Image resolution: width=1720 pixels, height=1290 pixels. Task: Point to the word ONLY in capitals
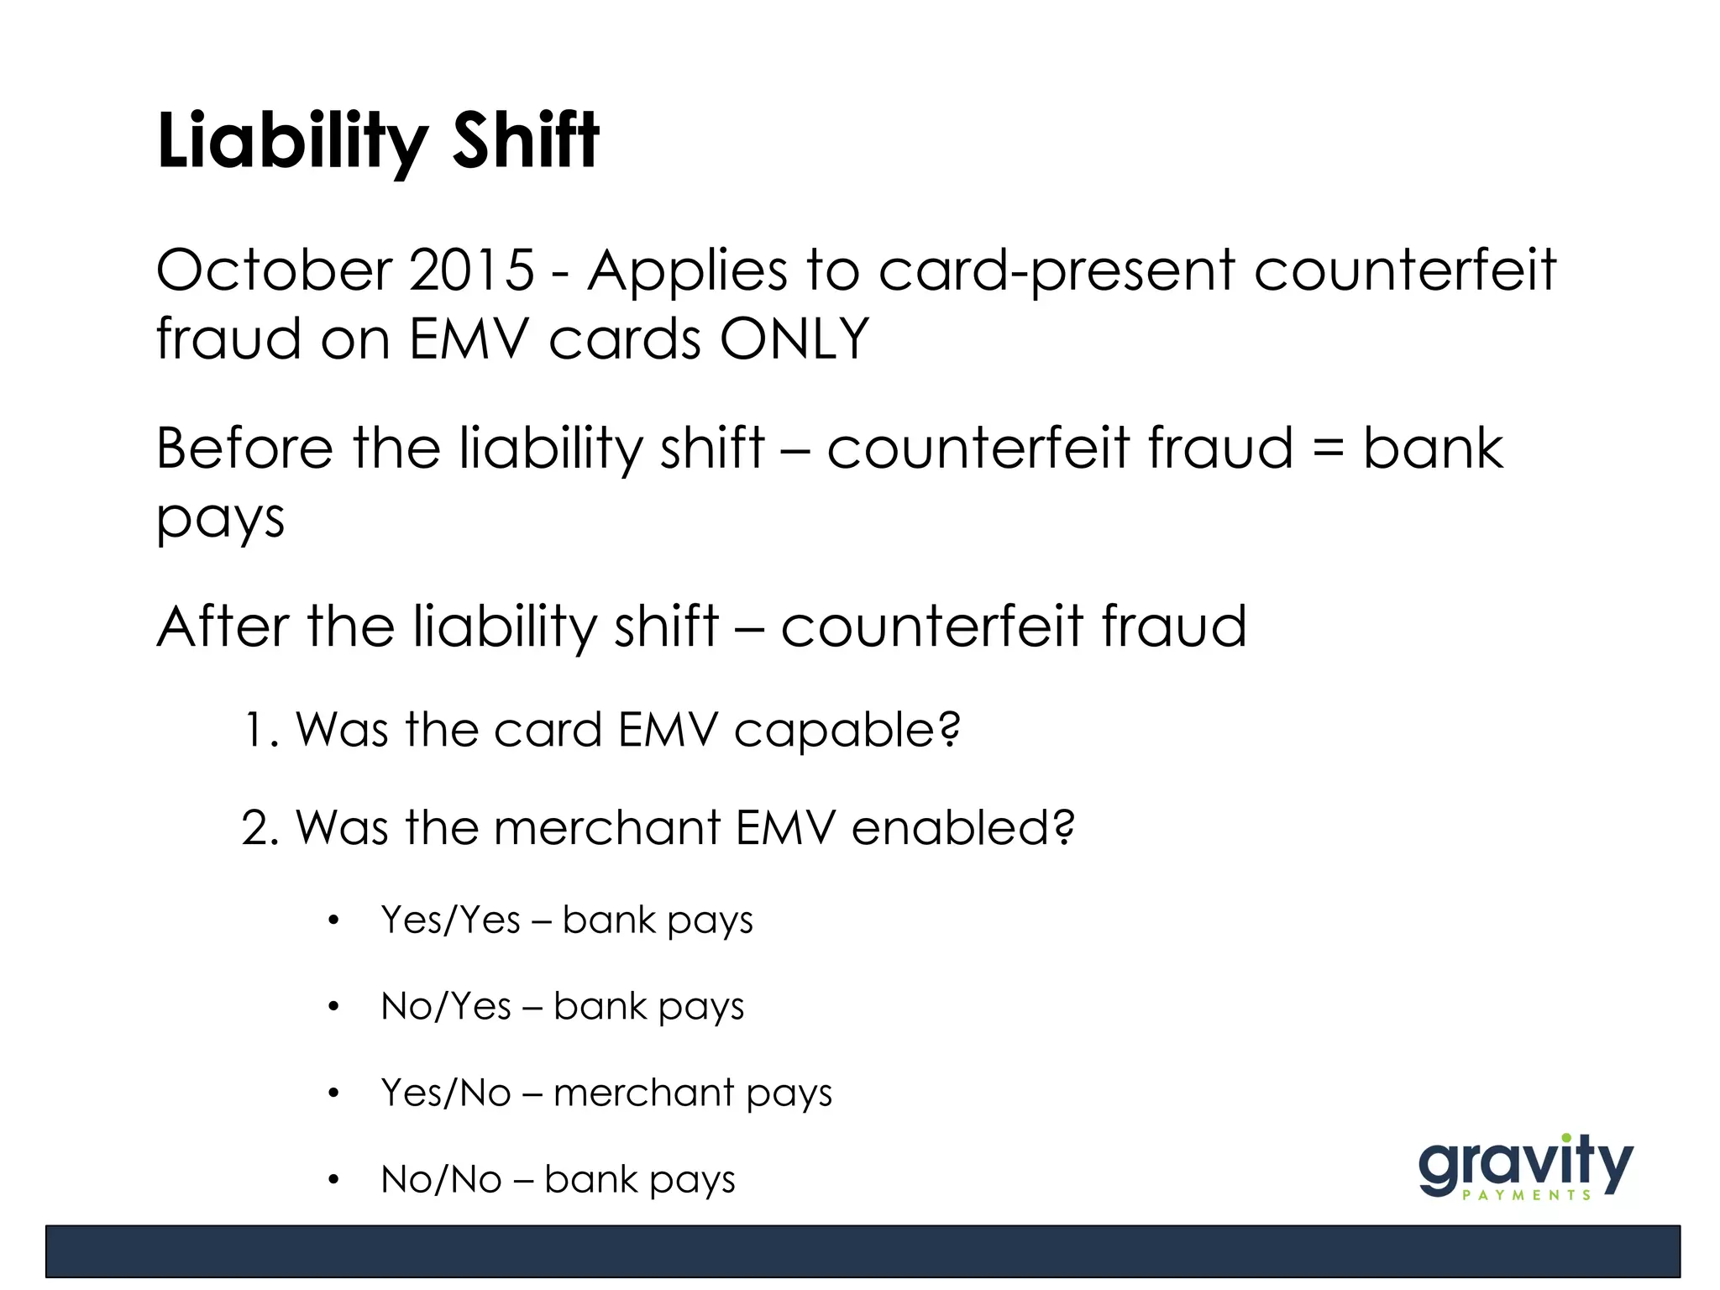pyautogui.click(x=794, y=339)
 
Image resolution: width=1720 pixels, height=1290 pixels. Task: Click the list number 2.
pyautogui.click(x=259, y=828)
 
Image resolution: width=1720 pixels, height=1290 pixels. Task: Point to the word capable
pyautogui.click(x=846, y=731)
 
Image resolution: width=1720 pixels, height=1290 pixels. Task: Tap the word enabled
pyautogui.click(x=962, y=828)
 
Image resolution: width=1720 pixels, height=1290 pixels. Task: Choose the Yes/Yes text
pyautogui.click(x=451, y=920)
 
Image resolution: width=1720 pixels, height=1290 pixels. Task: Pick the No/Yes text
pyautogui.click(x=446, y=1007)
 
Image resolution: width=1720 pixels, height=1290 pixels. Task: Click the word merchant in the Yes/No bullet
pyautogui.click(x=643, y=1093)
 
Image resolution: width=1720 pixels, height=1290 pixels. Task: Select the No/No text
pyautogui.click(x=441, y=1180)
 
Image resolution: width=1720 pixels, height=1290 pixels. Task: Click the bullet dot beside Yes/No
pyautogui.click(x=333, y=1093)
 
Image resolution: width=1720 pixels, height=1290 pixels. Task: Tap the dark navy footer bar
pyautogui.click(x=862, y=1251)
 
